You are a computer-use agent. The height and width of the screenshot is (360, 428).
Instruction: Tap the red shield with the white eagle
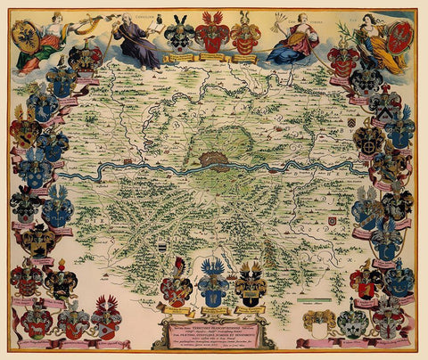400,37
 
